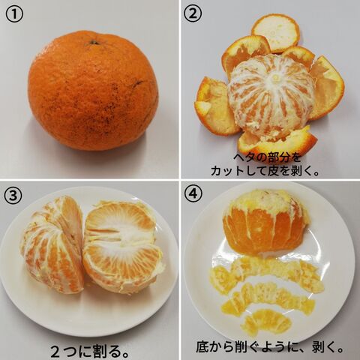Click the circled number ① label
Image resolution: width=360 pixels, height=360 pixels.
coord(14,15)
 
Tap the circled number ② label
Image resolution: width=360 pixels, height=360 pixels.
coord(192,14)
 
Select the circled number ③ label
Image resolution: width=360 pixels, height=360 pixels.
coord(13,195)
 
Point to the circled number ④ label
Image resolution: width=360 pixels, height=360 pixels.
coord(193,193)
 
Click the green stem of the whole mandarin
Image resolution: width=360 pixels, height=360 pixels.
coord(94,43)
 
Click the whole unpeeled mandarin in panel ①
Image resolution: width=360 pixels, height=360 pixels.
coord(93,91)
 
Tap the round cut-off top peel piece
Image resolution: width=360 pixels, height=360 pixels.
coord(276,33)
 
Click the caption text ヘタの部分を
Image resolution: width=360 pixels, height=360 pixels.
coord(266,157)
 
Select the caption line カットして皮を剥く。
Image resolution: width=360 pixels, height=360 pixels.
coord(265,171)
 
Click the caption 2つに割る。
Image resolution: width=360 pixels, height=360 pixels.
coord(90,351)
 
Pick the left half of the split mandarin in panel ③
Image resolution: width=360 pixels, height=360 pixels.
coord(52,245)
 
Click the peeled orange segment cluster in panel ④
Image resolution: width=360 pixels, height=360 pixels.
coord(265,222)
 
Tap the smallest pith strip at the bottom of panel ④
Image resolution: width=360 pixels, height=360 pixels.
coord(266,322)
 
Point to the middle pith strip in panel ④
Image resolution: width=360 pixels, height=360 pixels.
coord(268,298)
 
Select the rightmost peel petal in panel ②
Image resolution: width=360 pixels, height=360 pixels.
coord(328,88)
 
